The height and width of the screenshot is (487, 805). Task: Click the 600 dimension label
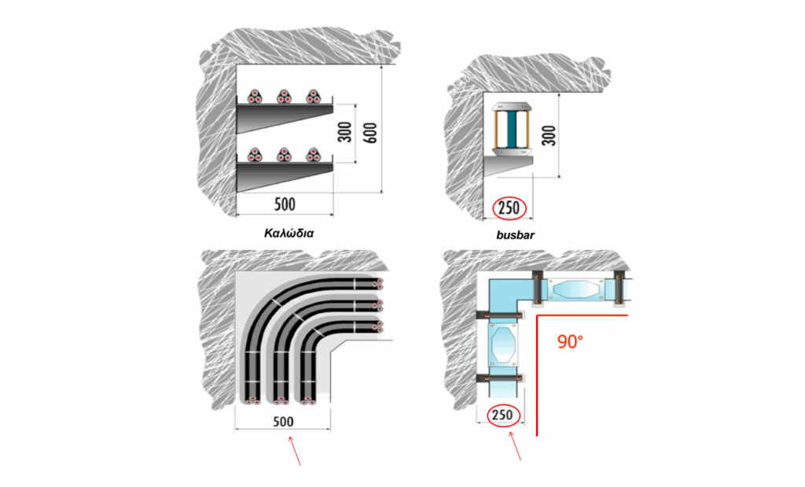(372, 133)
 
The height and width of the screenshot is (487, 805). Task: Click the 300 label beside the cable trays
(346, 132)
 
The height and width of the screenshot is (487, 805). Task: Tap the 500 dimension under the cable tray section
(285, 205)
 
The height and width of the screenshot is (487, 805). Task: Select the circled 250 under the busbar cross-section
(509, 208)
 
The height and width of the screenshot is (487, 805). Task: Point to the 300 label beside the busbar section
(550, 135)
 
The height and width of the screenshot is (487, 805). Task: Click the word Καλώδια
(289, 233)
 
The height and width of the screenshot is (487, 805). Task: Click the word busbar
(516, 235)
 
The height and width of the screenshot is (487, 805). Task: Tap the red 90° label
(571, 341)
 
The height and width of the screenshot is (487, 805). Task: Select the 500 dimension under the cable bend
(283, 422)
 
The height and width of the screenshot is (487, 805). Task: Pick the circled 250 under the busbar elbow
(502, 415)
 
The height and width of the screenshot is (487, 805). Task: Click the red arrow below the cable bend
(295, 451)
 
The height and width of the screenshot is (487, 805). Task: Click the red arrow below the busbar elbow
(515, 446)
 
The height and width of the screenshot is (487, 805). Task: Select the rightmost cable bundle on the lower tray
(313, 155)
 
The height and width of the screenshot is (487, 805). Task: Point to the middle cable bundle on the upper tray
(284, 97)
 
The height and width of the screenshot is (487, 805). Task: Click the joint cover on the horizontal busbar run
(575, 289)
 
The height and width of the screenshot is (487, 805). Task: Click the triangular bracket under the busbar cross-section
(509, 165)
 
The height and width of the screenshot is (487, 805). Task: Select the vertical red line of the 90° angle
(537, 375)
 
